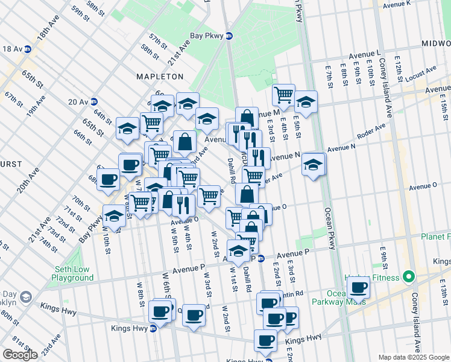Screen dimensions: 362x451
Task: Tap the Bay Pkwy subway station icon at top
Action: coord(229,36)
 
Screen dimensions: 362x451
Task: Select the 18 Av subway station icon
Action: coord(28,49)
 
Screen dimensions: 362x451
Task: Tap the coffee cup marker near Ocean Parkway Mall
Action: coord(358,287)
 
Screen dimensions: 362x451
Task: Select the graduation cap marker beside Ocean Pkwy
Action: coord(314,164)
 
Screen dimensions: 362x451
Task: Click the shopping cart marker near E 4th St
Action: coord(283,94)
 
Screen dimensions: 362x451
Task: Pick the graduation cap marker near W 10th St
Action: coord(114,215)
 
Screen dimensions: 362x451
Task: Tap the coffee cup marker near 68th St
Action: coord(109,179)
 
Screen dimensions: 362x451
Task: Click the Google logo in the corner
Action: coord(20,355)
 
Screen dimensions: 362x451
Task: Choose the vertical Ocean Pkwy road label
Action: coord(329,229)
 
